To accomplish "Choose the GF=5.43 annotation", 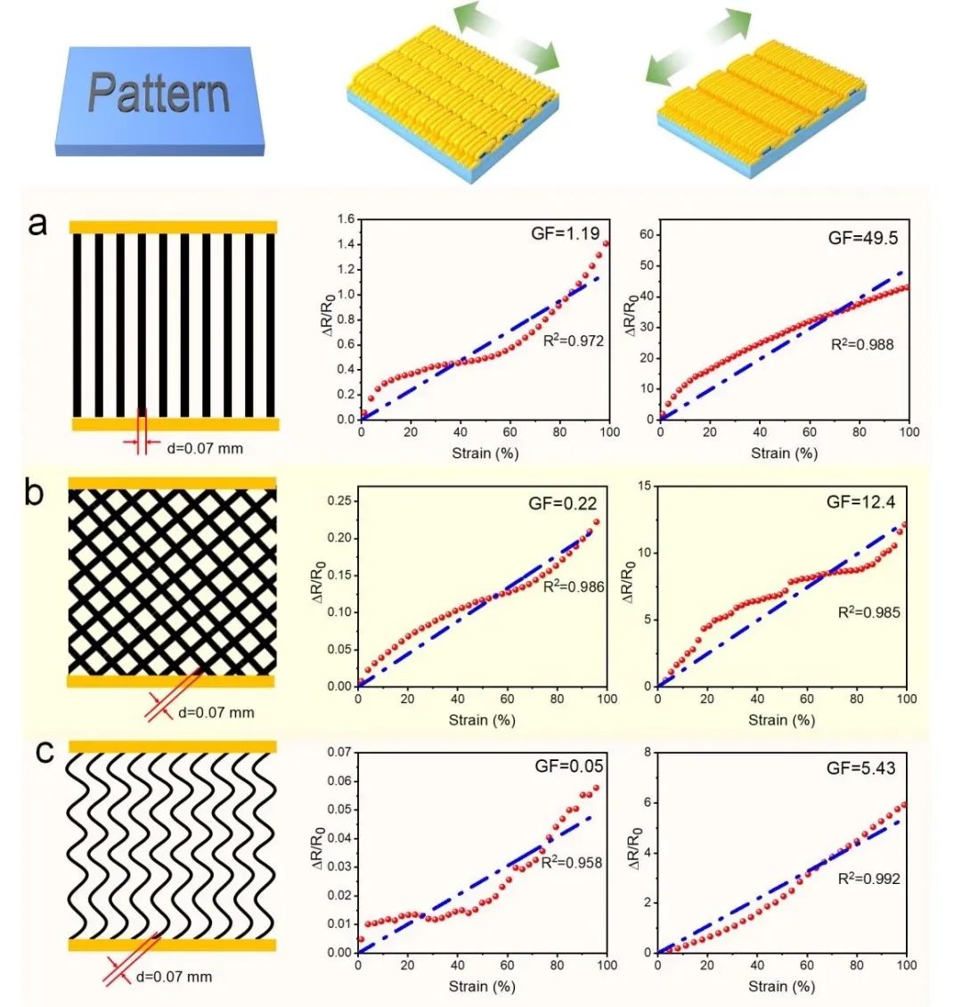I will click(861, 767).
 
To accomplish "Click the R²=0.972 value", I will click(574, 340).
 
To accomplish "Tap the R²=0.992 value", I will click(869, 879).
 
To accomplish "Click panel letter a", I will click(37, 223).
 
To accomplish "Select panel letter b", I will click(34, 492).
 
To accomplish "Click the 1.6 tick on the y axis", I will click(343, 220).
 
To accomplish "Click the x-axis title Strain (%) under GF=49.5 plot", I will click(783, 453).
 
